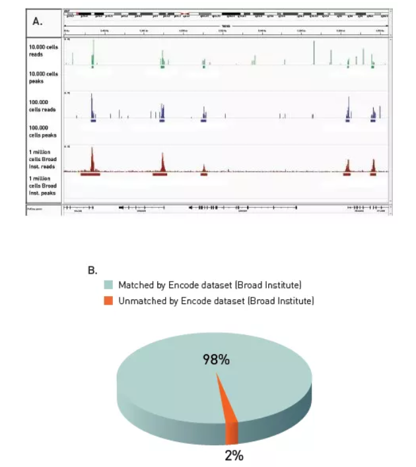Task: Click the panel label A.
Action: point(38,21)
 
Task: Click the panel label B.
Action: point(92,270)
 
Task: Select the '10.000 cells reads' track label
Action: point(41,51)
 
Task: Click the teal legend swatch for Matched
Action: point(109,285)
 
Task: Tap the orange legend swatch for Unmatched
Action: point(109,301)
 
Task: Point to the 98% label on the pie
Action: point(217,360)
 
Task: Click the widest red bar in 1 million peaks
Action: point(90,175)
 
